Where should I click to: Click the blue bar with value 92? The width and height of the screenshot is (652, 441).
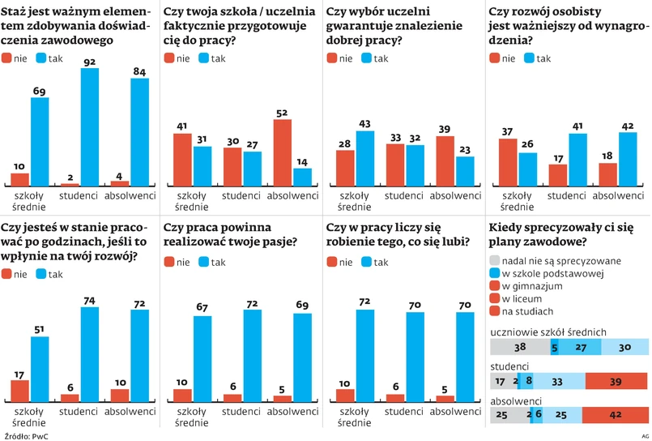90,127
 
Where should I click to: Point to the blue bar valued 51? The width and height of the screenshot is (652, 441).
40,369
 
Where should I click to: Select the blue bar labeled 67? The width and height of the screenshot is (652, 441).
202,358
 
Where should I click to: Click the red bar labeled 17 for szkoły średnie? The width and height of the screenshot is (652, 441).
20,390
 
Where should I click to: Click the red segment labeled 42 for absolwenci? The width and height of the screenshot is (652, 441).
616,415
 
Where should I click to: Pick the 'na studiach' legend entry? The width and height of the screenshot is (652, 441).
527,312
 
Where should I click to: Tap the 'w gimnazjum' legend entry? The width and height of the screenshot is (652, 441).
532,286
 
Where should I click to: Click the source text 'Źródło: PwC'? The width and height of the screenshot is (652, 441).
24,436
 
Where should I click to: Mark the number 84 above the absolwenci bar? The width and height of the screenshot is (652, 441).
139,72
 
